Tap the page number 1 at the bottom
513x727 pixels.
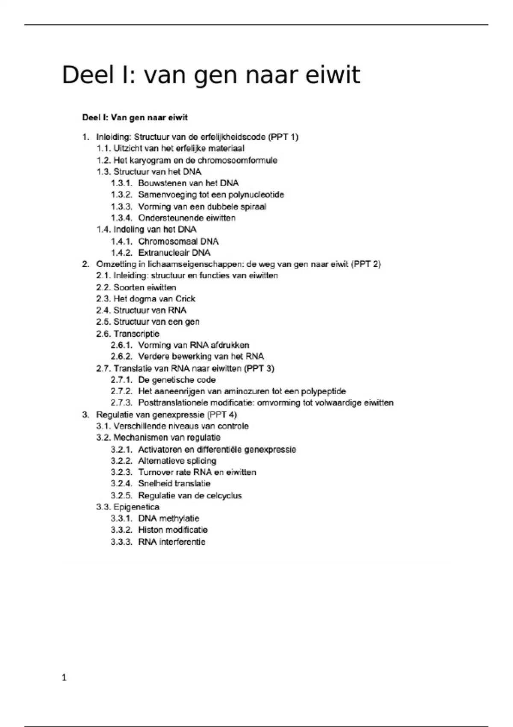pos(64,677)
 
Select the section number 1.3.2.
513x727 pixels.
pos(121,195)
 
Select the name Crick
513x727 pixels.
pos(185,299)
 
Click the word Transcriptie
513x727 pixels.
pos(136,334)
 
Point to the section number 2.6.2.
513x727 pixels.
pos(121,357)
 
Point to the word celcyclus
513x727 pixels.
pos(224,496)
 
